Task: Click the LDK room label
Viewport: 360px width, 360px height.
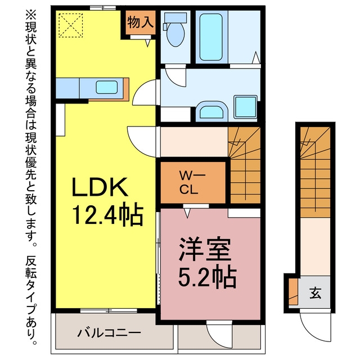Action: pyautogui.click(x=100, y=187)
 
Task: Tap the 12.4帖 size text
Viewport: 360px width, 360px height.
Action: pyautogui.click(x=108, y=214)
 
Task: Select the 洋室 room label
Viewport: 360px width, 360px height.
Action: pyautogui.click(x=205, y=250)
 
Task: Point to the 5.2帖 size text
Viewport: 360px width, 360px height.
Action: pyautogui.click(x=208, y=277)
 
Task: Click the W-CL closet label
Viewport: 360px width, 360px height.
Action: pyautogui.click(x=192, y=182)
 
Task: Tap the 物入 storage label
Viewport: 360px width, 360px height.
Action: pyautogui.click(x=140, y=22)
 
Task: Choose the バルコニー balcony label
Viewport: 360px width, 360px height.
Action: pyautogui.click(x=109, y=332)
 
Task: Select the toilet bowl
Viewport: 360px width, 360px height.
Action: pyautogui.click(x=175, y=34)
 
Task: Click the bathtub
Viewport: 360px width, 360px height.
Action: pyautogui.click(x=211, y=37)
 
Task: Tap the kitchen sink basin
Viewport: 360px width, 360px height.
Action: pyautogui.click(x=107, y=87)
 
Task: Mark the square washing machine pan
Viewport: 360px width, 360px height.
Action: pyautogui.click(x=245, y=107)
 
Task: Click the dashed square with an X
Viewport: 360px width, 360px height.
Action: pyautogui.click(x=71, y=25)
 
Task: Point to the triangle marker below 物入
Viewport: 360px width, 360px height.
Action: pyautogui.click(x=148, y=43)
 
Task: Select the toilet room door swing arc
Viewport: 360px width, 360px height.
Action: pyautogui.click(x=174, y=81)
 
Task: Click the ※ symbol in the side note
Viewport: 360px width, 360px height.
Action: pyautogui.click(x=31, y=14)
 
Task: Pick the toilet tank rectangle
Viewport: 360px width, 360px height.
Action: pyautogui.click(x=175, y=17)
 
